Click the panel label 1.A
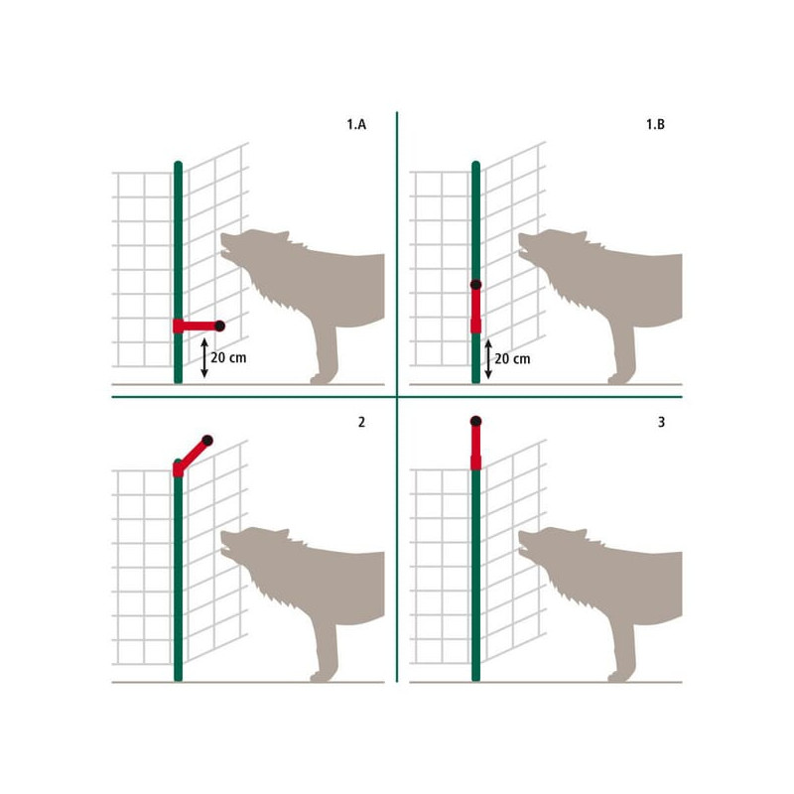[356, 124]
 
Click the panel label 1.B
[655, 124]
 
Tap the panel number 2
[361, 422]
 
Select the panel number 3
[661, 422]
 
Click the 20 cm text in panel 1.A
[228, 357]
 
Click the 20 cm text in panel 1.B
[512, 359]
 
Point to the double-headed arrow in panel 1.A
[204, 358]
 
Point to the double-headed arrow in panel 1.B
[488, 359]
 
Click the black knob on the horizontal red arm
[219, 327]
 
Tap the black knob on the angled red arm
[207, 440]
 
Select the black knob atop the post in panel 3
[475, 421]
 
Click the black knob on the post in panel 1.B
[475, 285]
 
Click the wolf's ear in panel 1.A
[283, 237]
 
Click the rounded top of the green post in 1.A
[178, 165]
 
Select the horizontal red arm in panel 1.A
[197, 327]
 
